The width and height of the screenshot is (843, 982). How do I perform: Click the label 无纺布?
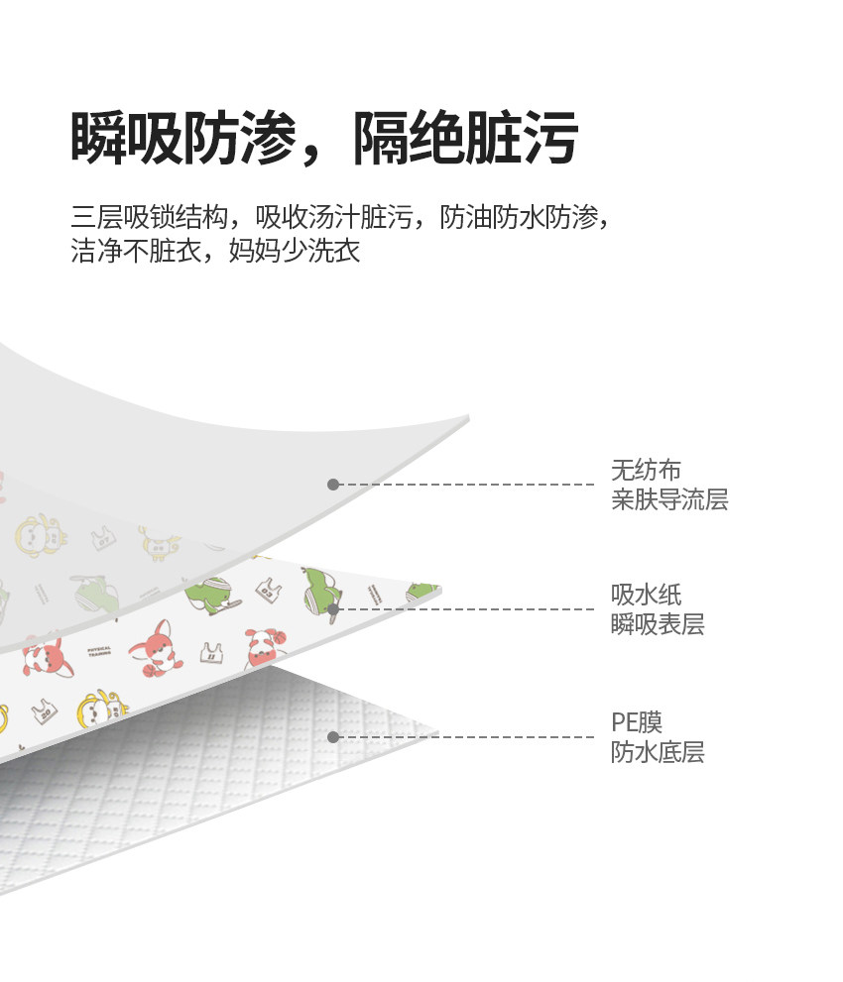(x=646, y=470)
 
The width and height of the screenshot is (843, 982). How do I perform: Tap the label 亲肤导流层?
(x=669, y=499)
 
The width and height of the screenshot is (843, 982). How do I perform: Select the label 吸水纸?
(x=646, y=595)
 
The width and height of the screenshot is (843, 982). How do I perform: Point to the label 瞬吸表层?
(x=658, y=624)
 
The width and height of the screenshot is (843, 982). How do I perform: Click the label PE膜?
(x=636, y=721)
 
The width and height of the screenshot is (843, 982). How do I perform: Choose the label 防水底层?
(x=658, y=752)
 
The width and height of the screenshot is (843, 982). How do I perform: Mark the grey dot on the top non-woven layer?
(x=333, y=485)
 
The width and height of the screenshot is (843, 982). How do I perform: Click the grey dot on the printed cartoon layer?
(x=334, y=608)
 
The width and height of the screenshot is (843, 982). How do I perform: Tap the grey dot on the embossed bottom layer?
(x=333, y=737)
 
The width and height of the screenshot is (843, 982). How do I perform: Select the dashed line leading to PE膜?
(x=466, y=737)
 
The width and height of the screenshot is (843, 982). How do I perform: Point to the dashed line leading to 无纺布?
(x=466, y=485)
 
